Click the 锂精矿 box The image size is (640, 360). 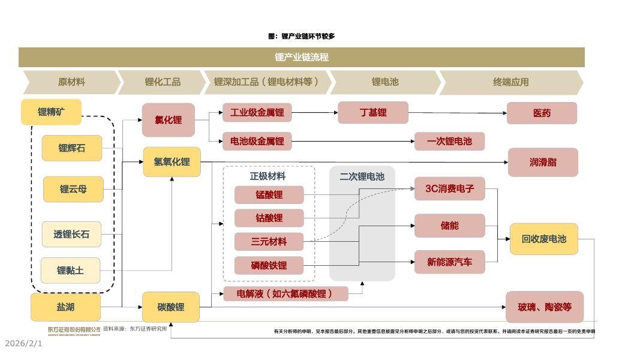coord(51,112)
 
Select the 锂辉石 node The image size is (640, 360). coord(72,148)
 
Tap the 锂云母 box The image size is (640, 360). coord(73,189)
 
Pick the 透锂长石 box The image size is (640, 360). coord(71,234)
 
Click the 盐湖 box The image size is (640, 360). coord(65,307)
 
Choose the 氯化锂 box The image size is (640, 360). coord(169,120)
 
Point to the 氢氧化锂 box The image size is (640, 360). coord(172,162)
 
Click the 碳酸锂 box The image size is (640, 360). coord(171,307)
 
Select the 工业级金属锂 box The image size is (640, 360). coord(257,112)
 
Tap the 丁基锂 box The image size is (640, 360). coord(373,112)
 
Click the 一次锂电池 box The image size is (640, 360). coord(449,142)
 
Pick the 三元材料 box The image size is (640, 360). coord(269,242)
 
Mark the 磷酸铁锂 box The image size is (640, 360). coord(269,265)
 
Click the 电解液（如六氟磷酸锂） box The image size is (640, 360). coord(286,293)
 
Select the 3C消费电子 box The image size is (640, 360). coord(449,188)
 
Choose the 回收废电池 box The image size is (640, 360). coord(543,239)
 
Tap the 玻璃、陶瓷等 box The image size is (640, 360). coord(545,307)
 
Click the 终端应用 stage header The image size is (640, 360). coord(511,82)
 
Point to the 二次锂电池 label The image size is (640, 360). coord(362,176)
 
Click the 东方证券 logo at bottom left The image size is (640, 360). coord(74,330)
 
